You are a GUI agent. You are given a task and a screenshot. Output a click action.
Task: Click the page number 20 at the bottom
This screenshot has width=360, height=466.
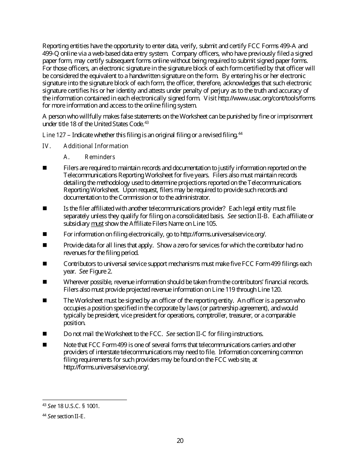pos(180,441)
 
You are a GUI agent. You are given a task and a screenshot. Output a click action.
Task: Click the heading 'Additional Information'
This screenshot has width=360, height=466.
pos(96,146)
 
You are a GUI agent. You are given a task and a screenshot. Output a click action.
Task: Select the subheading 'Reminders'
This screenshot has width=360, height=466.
pos(100,157)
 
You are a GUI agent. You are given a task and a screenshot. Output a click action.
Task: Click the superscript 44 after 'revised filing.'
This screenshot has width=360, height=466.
pos(240,133)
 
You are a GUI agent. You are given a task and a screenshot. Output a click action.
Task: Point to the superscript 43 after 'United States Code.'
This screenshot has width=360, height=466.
pos(147,122)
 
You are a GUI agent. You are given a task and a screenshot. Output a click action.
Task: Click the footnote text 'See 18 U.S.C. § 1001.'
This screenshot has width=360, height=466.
pos(74,406)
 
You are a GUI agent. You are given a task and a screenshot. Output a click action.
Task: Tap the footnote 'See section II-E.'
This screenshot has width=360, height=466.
pos(66,416)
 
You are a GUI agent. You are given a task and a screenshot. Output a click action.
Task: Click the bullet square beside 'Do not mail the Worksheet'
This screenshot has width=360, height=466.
pos(45,334)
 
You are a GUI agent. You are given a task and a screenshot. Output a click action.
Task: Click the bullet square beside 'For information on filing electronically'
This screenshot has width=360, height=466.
pos(45,234)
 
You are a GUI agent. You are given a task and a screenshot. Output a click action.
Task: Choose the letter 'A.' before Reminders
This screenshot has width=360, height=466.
pos(67,157)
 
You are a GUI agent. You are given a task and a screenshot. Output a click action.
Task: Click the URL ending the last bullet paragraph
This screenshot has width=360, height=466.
pos(106,367)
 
